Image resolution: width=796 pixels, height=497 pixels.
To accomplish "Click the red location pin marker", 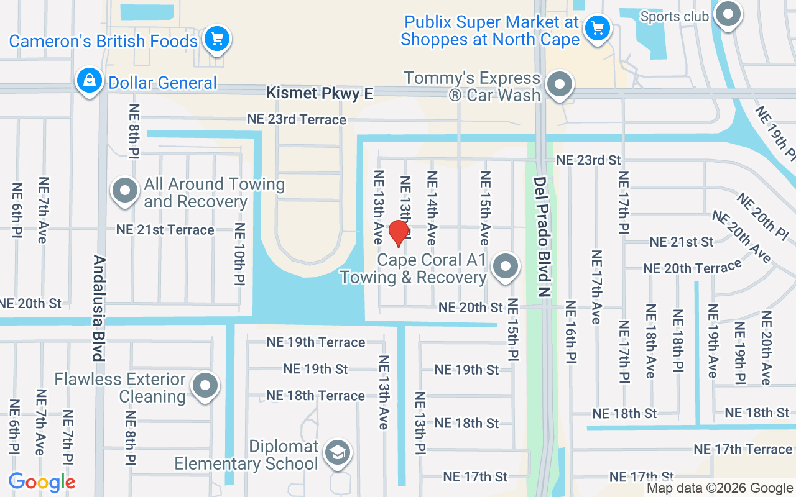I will [x=398, y=234].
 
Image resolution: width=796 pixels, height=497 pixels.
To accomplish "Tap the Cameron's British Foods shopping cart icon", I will [x=216, y=39].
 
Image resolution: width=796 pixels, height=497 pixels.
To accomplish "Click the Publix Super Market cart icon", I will [x=598, y=28].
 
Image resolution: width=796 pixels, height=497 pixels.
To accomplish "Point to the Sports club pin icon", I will [x=728, y=14].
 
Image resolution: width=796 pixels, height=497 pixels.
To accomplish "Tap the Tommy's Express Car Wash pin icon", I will [x=560, y=84].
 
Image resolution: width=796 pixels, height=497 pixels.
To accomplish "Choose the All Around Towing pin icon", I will [x=124, y=191].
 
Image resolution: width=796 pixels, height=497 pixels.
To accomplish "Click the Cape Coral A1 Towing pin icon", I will [x=506, y=267].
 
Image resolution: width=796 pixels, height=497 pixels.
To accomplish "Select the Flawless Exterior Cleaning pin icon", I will [x=205, y=386].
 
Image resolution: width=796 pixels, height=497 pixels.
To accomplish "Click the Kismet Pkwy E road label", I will [x=320, y=93].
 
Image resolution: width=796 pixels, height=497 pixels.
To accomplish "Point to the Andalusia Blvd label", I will [x=98, y=308].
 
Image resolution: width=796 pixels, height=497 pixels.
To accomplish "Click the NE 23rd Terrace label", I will [x=297, y=119].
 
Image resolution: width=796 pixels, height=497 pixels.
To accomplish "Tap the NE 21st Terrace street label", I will [x=165, y=230].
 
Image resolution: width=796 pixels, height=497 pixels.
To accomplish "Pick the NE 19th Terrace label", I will [x=315, y=342].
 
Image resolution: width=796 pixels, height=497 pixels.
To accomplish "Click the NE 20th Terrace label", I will [x=693, y=268].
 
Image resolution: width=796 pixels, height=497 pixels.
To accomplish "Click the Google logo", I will [x=42, y=481].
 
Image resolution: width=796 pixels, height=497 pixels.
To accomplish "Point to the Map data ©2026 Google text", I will [x=720, y=488].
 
